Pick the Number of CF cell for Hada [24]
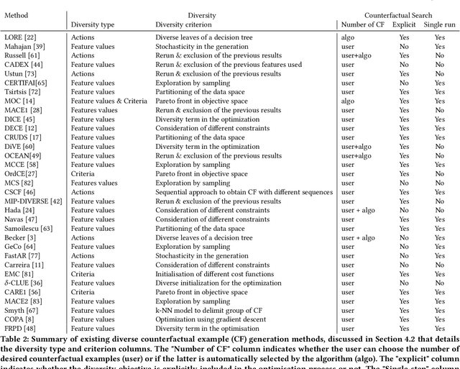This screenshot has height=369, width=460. pyautogui.click(x=357, y=210)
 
